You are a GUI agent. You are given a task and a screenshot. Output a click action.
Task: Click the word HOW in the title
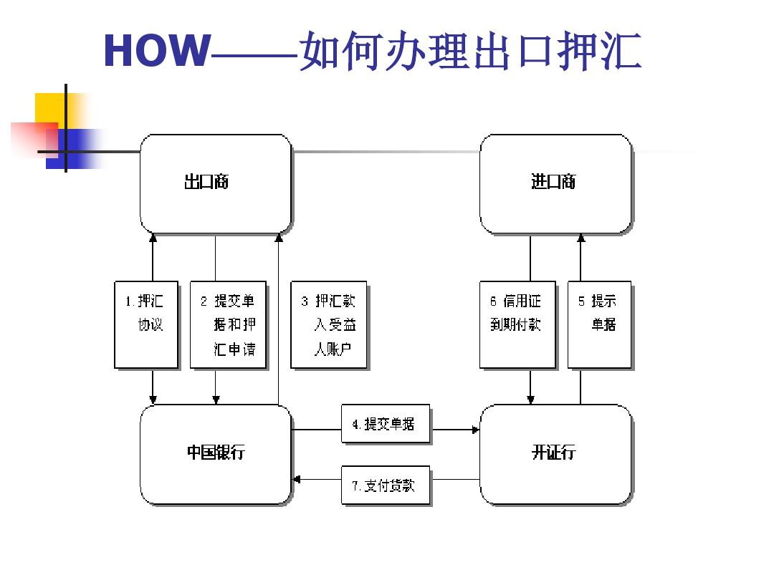pos(157,52)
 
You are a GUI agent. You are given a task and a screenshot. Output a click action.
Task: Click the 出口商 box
pos(216,183)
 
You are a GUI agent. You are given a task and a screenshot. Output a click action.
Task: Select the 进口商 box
pos(555,183)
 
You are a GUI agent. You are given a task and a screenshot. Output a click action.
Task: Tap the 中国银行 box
pos(216,454)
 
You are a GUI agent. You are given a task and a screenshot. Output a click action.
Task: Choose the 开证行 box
pos(555,454)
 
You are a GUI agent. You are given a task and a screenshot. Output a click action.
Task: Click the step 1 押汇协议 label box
pos(146,324)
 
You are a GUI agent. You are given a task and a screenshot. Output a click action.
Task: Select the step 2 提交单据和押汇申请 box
pos(228,324)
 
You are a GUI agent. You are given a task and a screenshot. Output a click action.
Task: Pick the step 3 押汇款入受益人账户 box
pos(329,324)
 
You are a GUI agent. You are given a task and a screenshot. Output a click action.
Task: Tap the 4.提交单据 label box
pos(386,425)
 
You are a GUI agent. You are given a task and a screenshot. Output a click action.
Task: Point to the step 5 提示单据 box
pos(599,324)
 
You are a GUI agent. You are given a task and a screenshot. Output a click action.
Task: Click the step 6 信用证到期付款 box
pos(517,324)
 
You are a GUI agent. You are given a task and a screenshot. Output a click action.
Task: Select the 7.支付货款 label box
pos(386,486)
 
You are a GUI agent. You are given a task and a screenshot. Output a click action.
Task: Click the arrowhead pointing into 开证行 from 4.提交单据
pos(474,430)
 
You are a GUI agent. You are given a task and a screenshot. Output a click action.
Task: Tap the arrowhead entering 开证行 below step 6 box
pos(530,399)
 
